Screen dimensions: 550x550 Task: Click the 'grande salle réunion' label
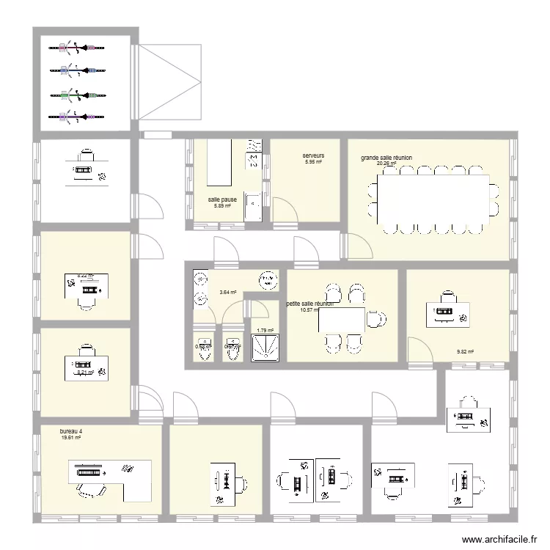[386, 158]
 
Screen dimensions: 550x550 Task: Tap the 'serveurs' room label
[313, 155]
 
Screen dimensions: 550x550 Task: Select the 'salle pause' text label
[222, 199]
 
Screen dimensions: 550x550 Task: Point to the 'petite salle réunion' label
[309, 303]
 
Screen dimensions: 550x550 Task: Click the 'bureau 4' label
[71, 431]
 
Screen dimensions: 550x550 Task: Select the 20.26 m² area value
[386, 164]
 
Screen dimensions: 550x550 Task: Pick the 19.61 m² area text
[71, 438]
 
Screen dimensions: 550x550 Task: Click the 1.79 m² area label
[265, 330]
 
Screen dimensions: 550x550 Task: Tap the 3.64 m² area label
[228, 292]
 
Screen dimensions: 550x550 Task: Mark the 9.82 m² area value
[465, 352]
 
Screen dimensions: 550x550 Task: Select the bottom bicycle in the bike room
[78, 116]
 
